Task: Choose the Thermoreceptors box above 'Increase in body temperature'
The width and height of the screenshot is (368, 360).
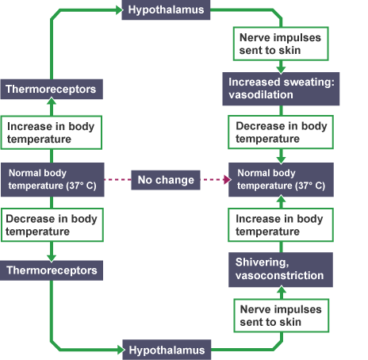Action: click(52, 90)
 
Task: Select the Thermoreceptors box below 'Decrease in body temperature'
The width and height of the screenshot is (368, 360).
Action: click(52, 270)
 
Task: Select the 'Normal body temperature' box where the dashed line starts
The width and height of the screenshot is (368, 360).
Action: click(52, 179)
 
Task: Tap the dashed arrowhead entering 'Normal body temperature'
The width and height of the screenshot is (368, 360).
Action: click(224, 180)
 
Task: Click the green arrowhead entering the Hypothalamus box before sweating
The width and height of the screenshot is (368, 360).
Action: click(117, 11)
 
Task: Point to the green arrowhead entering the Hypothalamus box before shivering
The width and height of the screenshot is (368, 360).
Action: click(117, 349)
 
